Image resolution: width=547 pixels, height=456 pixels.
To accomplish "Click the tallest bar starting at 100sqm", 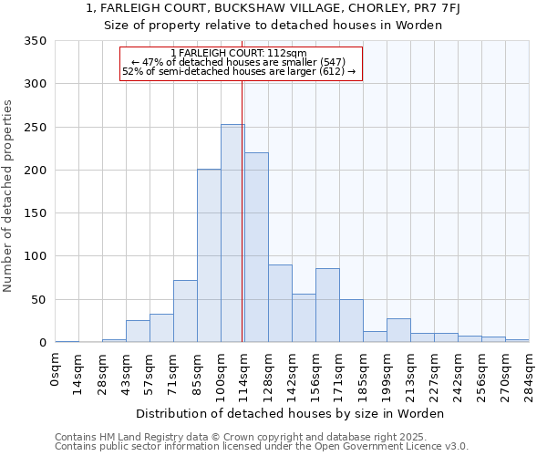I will [232, 233].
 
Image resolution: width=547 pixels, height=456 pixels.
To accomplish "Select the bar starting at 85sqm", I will [209, 256].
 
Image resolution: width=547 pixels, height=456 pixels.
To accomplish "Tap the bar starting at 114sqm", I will [256, 248].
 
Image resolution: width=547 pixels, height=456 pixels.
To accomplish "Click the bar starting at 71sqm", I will [185, 311].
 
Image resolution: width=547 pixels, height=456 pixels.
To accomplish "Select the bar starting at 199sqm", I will [398, 331].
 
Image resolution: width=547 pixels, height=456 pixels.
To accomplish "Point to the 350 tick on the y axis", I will [35, 41].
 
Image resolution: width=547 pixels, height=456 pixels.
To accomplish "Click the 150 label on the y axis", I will [35, 213].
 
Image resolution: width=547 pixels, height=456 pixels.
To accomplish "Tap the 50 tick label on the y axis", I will [38, 300].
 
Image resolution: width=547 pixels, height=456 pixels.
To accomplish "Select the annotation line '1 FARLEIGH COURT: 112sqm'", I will [242, 53].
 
